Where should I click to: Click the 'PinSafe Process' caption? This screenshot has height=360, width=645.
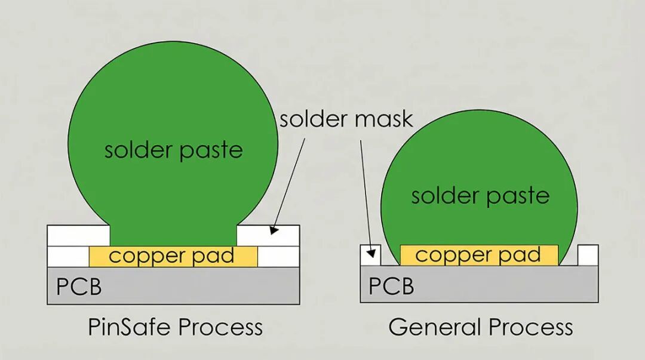click(175, 328)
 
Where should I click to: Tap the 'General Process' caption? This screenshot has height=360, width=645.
click(480, 328)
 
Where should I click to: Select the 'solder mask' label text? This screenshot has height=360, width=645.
click(346, 119)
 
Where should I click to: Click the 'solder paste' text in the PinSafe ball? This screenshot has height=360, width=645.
click(173, 150)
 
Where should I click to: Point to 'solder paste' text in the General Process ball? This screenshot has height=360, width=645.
click(480, 196)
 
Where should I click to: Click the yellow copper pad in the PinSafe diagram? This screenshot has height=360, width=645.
click(173, 256)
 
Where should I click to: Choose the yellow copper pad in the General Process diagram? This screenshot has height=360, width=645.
click(479, 255)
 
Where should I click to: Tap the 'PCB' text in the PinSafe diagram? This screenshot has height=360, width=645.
click(79, 287)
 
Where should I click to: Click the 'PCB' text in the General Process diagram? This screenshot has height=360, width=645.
click(391, 286)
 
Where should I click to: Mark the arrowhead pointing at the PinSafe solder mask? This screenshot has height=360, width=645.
click(274, 230)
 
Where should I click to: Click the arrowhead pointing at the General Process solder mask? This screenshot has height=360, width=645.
click(371, 253)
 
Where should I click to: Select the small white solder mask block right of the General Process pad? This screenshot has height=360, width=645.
click(588, 255)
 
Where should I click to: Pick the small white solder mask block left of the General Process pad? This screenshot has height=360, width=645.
click(371, 255)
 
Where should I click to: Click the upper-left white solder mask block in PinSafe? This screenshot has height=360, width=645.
click(79, 235)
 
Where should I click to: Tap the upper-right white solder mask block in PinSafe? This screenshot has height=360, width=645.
click(268, 235)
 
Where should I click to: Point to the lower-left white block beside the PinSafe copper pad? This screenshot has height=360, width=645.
click(68, 256)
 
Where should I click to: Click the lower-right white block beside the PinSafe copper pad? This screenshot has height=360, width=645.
click(278, 256)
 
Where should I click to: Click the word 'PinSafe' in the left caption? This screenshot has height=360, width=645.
click(129, 328)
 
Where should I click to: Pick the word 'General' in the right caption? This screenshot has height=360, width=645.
click(435, 328)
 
